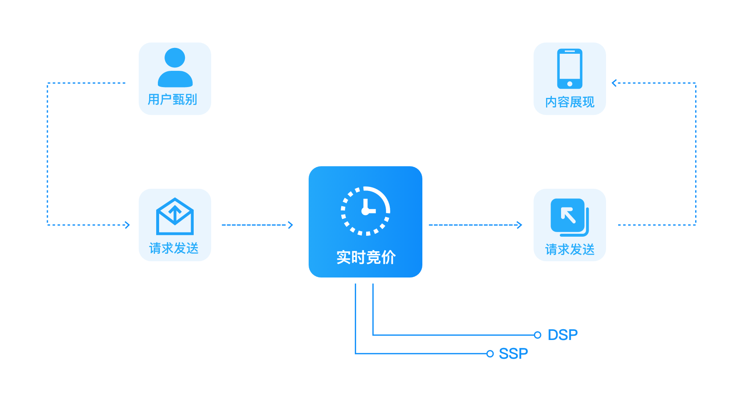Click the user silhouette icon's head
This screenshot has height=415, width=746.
175,58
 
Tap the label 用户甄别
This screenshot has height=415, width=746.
172,100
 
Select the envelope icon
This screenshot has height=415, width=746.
175,217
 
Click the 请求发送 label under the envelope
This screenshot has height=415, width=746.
174,248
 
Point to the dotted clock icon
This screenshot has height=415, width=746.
365,211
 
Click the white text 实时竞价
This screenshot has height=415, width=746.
366,257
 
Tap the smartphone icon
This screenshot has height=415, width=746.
569,69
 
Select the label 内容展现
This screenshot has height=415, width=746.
569,102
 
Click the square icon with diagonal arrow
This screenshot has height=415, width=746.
569,217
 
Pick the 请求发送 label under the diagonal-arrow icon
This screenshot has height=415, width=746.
569,250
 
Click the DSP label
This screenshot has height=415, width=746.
562,335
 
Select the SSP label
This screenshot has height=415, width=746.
513,354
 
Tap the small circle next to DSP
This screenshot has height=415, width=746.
537,335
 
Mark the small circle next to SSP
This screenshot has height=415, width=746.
490,354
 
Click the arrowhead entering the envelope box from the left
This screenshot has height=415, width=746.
127,225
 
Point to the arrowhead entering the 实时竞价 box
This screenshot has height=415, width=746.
291,225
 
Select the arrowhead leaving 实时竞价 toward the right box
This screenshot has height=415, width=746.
519,225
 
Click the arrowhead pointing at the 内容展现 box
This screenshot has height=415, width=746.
614,83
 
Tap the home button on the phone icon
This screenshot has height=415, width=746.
569,84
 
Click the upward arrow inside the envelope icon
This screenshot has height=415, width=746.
175,211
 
